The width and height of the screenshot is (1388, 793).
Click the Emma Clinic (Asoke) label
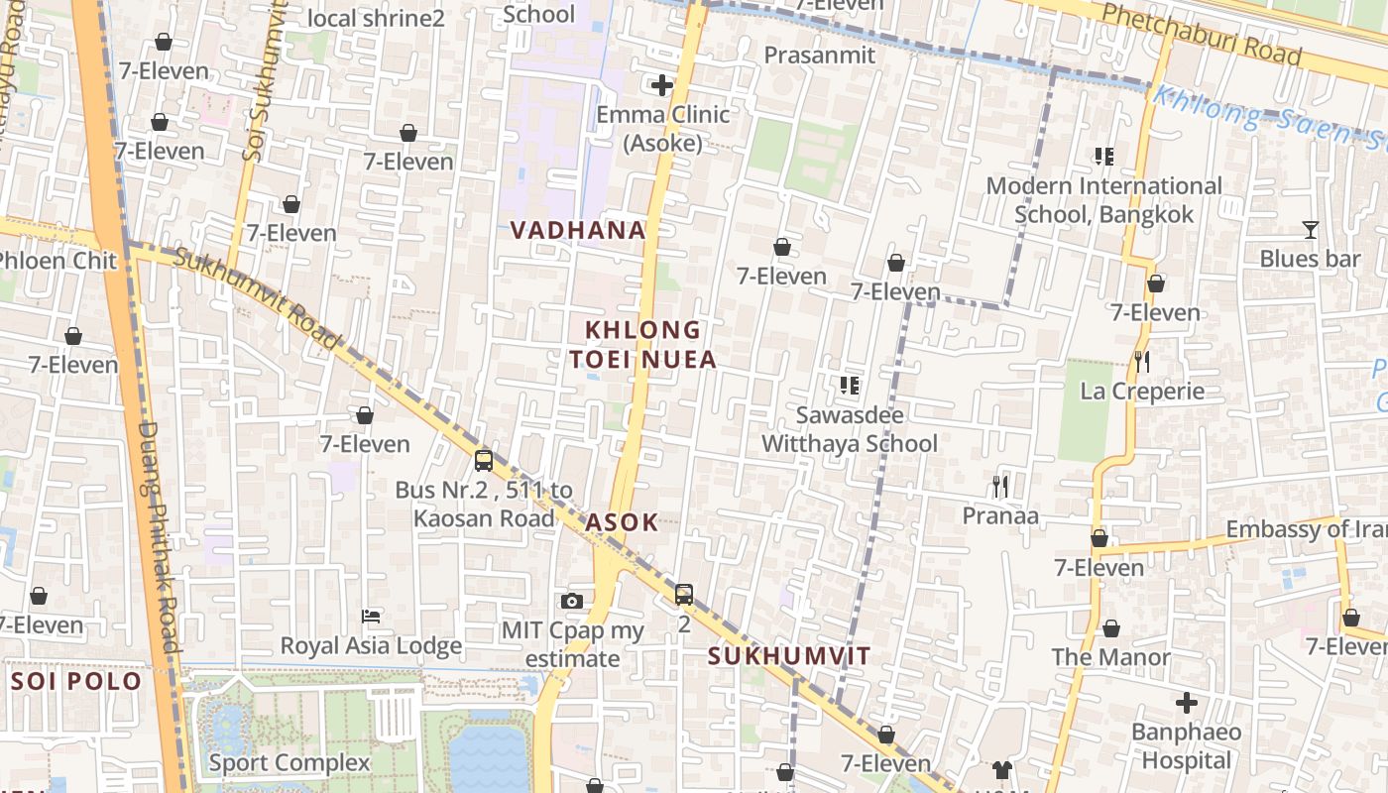click(662, 129)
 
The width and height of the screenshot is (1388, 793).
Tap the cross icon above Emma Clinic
click(662, 85)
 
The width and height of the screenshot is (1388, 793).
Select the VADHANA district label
click(578, 230)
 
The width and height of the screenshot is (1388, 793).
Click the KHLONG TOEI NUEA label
click(643, 344)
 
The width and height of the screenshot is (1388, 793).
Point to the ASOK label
click(622, 522)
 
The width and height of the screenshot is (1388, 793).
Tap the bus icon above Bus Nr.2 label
click(484, 460)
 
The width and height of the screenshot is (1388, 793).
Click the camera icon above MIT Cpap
click(571, 601)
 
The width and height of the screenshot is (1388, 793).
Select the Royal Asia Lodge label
click(371, 646)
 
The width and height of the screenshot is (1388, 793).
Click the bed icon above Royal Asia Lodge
click(372, 617)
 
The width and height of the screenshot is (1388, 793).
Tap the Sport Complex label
click(289, 763)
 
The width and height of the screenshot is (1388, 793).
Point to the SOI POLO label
click(76, 682)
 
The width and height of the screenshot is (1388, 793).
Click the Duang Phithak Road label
click(159, 535)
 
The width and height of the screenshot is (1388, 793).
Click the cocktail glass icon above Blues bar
click(1310, 230)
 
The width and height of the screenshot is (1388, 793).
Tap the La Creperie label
click(1142, 391)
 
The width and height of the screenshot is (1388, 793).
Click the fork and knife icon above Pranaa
click(1000, 486)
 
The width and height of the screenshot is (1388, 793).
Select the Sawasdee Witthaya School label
click(849, 429)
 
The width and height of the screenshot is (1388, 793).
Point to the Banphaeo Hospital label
click(1186, 746)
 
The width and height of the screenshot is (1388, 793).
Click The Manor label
click(1110, 657)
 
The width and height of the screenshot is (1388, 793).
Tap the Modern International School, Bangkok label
click(1103, 199)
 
